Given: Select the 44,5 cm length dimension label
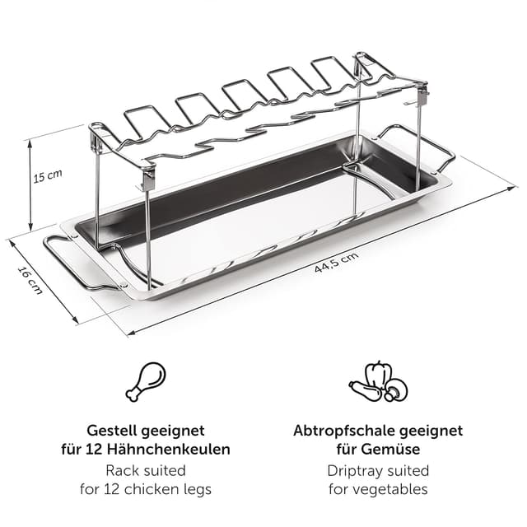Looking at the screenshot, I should (x=337, y=261).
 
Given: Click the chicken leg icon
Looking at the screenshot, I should (x=146, y=381).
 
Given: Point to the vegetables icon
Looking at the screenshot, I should (x=377, y=382).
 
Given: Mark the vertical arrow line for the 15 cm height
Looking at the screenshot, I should (x=30, y=184).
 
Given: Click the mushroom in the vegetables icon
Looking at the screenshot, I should (x=396, y=389).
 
